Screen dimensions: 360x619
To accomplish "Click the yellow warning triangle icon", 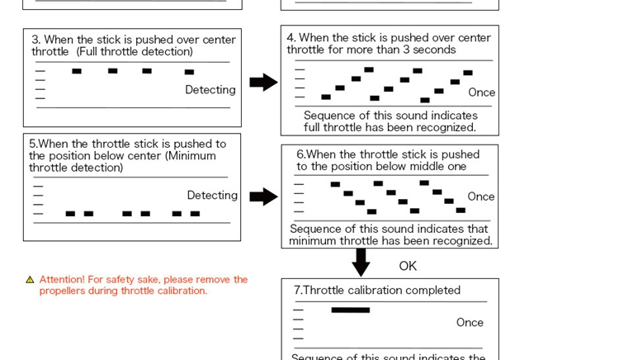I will click(30, 280).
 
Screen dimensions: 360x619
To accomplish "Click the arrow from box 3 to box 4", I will click(263, 82).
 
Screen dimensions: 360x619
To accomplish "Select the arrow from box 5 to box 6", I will click(263, 197).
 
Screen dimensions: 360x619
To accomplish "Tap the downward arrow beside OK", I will click(361, 263).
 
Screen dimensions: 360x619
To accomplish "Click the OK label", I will click(408, 266).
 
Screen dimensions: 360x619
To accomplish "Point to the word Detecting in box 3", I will click(210, 90).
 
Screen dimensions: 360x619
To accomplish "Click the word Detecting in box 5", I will click(212, 196).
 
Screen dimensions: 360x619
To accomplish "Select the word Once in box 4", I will click(481, 92).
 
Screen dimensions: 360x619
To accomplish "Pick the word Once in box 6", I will click(480, 197).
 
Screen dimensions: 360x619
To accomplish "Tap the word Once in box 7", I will click(470, 323).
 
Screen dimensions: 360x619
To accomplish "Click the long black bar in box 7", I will click(350, 310).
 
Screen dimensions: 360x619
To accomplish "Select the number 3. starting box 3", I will click(36, 40).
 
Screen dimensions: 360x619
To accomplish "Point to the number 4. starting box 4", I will click(291, 38).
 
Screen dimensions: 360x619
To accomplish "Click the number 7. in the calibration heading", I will click(298, 291).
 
